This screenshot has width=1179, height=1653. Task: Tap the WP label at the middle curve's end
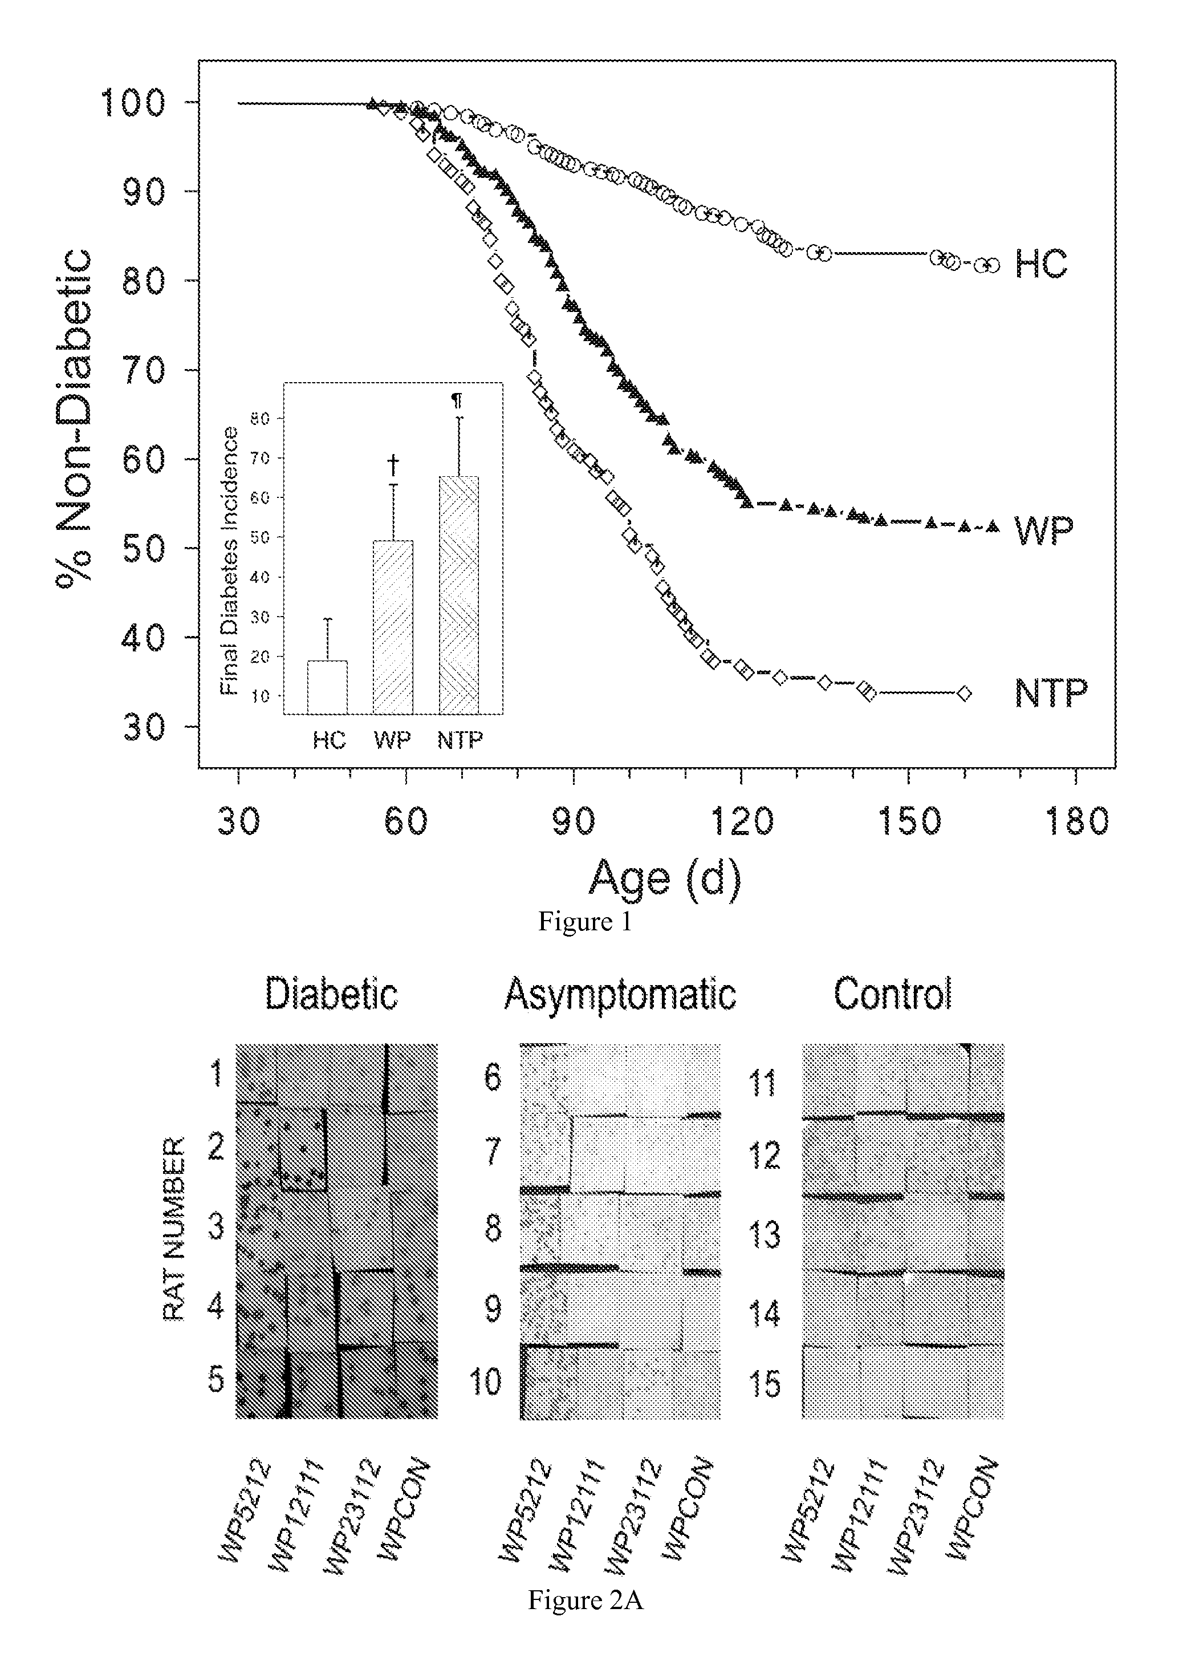[1043, 532]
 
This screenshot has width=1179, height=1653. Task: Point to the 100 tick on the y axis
[135, 103]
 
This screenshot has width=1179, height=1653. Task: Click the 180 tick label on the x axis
[1076, 821]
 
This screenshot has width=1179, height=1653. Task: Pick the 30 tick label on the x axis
[239, 821]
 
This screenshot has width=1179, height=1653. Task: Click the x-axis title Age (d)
[665, 879]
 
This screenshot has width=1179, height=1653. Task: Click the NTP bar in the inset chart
[459, 595]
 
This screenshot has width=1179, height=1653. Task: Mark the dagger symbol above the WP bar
[393, 464]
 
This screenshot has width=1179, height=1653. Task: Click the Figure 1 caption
[585, 922]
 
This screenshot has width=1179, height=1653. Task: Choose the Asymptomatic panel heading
[620, 994]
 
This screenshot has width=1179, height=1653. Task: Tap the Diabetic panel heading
[331, 993]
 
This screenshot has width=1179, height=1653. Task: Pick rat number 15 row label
[765, 1384]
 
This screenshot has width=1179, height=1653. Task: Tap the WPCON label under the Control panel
[973, 1507]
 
